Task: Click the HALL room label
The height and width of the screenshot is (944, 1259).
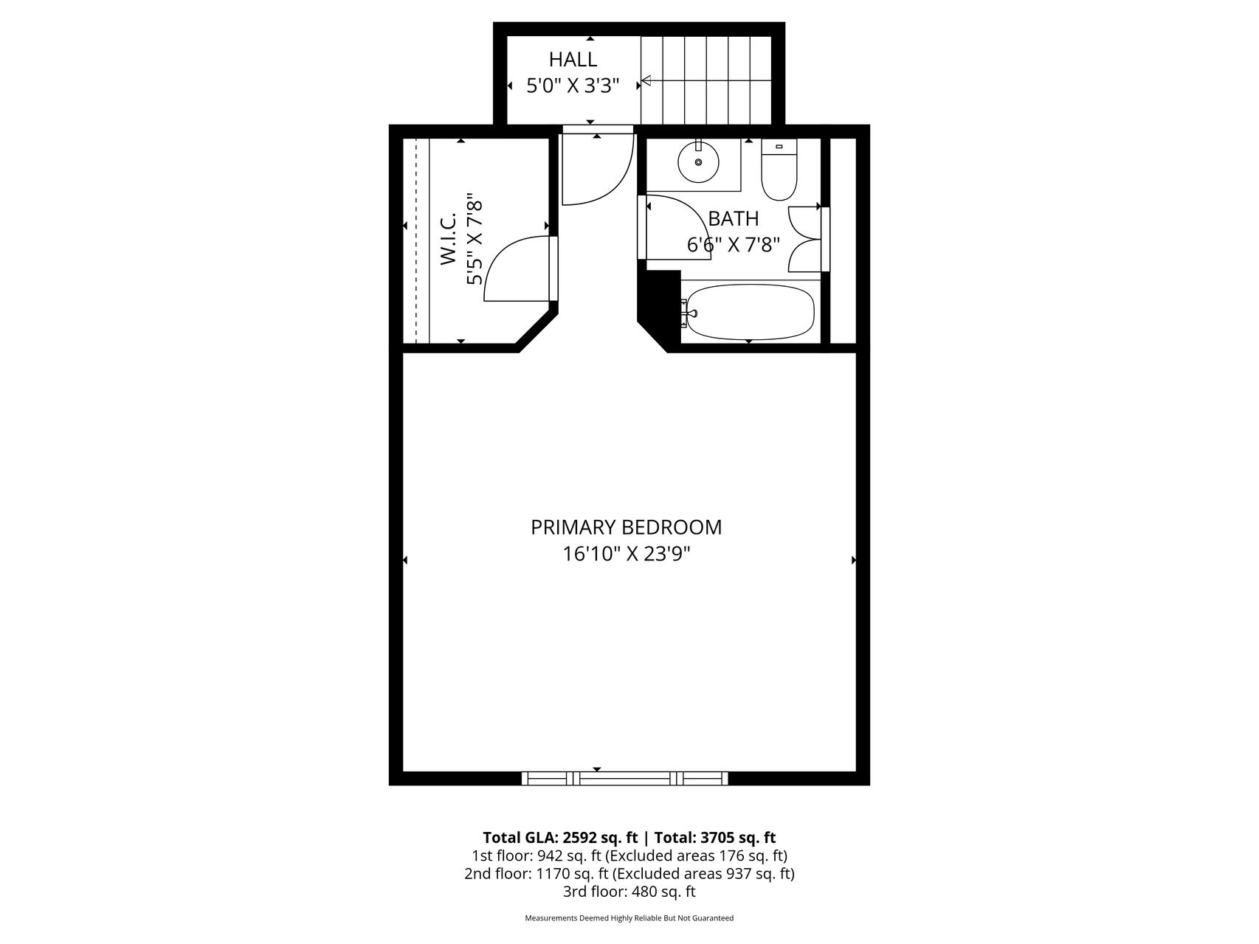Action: pyautogui.click(x=573, y=60)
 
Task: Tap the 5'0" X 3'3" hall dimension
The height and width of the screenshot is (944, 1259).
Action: pyautogui.click(x=573, y=86)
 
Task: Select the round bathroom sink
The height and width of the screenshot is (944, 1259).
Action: pyautogui.click(x=698, y=162)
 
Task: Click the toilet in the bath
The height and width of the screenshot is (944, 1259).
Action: pyautogui.click(x=779, y=171)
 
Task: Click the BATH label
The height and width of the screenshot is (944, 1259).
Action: pyautogui.click(x=733, y=219)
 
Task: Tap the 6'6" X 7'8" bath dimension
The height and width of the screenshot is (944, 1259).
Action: pyautogui.click(x=733, y=245)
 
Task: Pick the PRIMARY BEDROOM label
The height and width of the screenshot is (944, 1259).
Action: pyautogui.click(x=626, y=527)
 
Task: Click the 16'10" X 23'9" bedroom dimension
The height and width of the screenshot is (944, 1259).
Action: pyautogui.click(x=626, y=554)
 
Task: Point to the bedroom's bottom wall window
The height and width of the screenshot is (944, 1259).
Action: pyautogui.click(x=624, y=777)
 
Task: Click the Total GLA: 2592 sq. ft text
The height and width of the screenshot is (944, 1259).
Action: pyautogui.click(x=561, y=838)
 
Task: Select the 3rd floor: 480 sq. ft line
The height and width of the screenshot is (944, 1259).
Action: pyautogui.click(x=629, y=892)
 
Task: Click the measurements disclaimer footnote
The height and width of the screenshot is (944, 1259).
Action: pyautogui.click(x=629, y=918)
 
